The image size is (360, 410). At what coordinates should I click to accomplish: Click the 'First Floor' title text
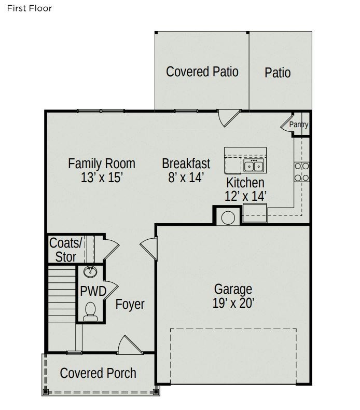[x=30, y=8]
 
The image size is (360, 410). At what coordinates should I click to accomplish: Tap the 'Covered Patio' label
[x=202, y=72]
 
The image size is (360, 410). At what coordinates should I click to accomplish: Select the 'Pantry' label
[x=298, y=125]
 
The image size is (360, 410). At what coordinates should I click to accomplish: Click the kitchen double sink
[x=254, y=166]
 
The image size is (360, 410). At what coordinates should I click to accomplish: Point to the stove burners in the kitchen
[x=301, y=172]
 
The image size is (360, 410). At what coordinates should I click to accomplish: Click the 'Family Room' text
[x=102, y=163]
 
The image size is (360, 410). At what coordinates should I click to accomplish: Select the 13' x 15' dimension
[x=102, y=178]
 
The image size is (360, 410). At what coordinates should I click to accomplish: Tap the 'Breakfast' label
[x=186, y=163]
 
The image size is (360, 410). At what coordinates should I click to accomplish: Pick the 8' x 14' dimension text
[x=186, y=178]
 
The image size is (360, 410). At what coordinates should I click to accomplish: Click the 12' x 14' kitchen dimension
[x=245, y=196]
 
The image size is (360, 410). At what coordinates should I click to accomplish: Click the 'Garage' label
[x=233, y=289]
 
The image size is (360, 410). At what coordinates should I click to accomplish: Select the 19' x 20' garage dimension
[x=233, y=304]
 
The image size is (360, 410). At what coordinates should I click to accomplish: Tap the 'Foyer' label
[x=130, y=304]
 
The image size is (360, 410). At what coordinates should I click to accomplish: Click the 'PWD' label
[x=93, y=291]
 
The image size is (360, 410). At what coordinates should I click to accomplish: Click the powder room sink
[x=90, y=272]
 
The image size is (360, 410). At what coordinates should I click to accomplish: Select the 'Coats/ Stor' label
[x=66, y=250]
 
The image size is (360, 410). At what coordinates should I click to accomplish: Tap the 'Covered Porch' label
[x=98, y=373]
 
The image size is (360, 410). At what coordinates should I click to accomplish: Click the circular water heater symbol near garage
[x=228, y=217]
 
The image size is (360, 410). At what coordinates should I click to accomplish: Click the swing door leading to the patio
[x=228, y=119]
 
